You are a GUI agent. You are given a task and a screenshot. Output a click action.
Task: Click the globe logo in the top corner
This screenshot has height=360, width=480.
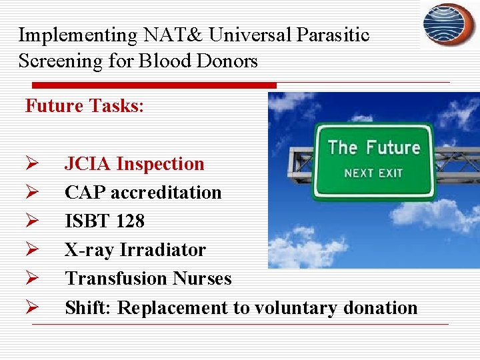tap(449, 24)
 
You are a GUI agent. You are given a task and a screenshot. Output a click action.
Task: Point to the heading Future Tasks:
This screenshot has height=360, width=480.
tap(84, 105)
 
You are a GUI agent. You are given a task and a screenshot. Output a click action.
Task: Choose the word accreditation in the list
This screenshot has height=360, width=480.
tap(166, 193)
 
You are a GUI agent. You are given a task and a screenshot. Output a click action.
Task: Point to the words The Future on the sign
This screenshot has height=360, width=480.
tap(374, 147)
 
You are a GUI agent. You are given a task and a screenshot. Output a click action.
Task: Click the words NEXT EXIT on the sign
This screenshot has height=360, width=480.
tap(373, 173)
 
